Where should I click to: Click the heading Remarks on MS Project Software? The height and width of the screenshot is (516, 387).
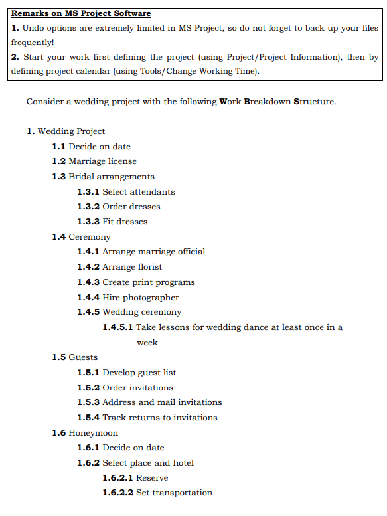(x=81, y=13)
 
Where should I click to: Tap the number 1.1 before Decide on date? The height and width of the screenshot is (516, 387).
(x=59, y=147)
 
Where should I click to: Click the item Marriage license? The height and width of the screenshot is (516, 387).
(x=102, y=161)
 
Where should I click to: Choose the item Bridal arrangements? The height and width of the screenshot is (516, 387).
(x=112, y=177)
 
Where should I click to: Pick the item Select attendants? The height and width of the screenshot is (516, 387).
(x=138, y=192)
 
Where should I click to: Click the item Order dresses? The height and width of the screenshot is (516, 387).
(x=131, y=207)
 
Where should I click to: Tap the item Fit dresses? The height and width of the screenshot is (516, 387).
(x=125, y=222)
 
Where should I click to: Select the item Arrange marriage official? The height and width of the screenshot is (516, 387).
(x=153, y=252)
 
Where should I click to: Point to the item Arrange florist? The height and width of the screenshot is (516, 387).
(x=132, y=267)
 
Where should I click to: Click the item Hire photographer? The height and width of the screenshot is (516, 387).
(x=140, y=298)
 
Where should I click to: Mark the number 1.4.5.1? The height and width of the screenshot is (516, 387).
(x=117, y=327)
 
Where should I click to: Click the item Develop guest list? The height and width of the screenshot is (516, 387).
(x=139, y=373)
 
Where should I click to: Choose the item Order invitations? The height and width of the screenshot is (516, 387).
(x=137, y=388)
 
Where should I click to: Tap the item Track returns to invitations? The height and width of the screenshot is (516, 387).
(x=159, y=418)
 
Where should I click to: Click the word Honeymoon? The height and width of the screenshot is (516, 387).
(x=94, y=433)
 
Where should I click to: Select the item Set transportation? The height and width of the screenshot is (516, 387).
(x=174, y=493)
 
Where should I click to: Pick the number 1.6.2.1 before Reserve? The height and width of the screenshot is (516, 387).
(x=117, y=478)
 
